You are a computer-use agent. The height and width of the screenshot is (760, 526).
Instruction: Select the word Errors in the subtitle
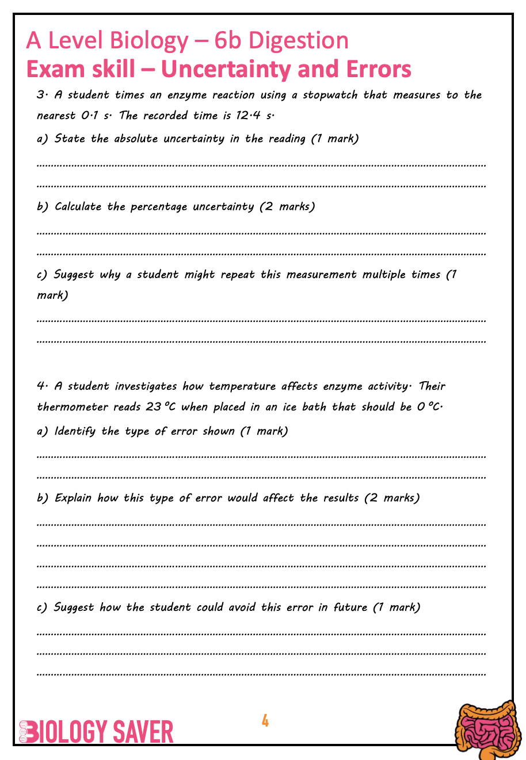(x=379, y=69)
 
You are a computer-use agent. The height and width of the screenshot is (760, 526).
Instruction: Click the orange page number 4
(x=265, y=720)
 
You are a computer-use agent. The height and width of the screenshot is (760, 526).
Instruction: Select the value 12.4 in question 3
(x=248, y=115)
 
